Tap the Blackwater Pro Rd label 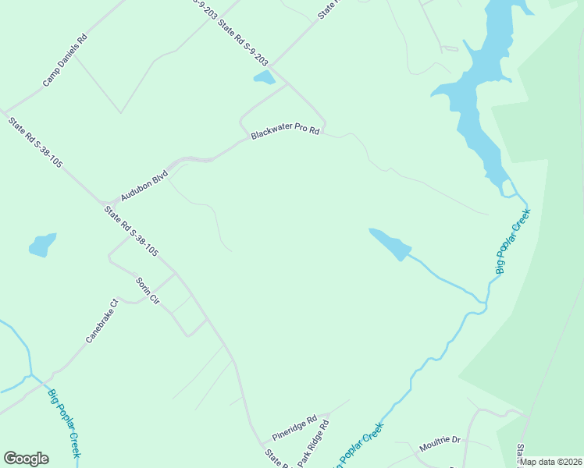(x=285, y=132)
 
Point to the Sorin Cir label (x=147, y=290)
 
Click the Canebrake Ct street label (x=101, y=321)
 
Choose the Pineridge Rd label (x=294, y=427)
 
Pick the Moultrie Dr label (x=440, y=441)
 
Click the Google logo (x=26, y=459)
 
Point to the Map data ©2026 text (x=551, y=462)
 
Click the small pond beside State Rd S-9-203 (x=264, y=77)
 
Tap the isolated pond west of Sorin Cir (x=42, y=245)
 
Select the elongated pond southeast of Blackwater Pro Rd (x=390, y=244)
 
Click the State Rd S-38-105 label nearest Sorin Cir (x=132, y=231)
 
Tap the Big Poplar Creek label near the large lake (x=513, y=241)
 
